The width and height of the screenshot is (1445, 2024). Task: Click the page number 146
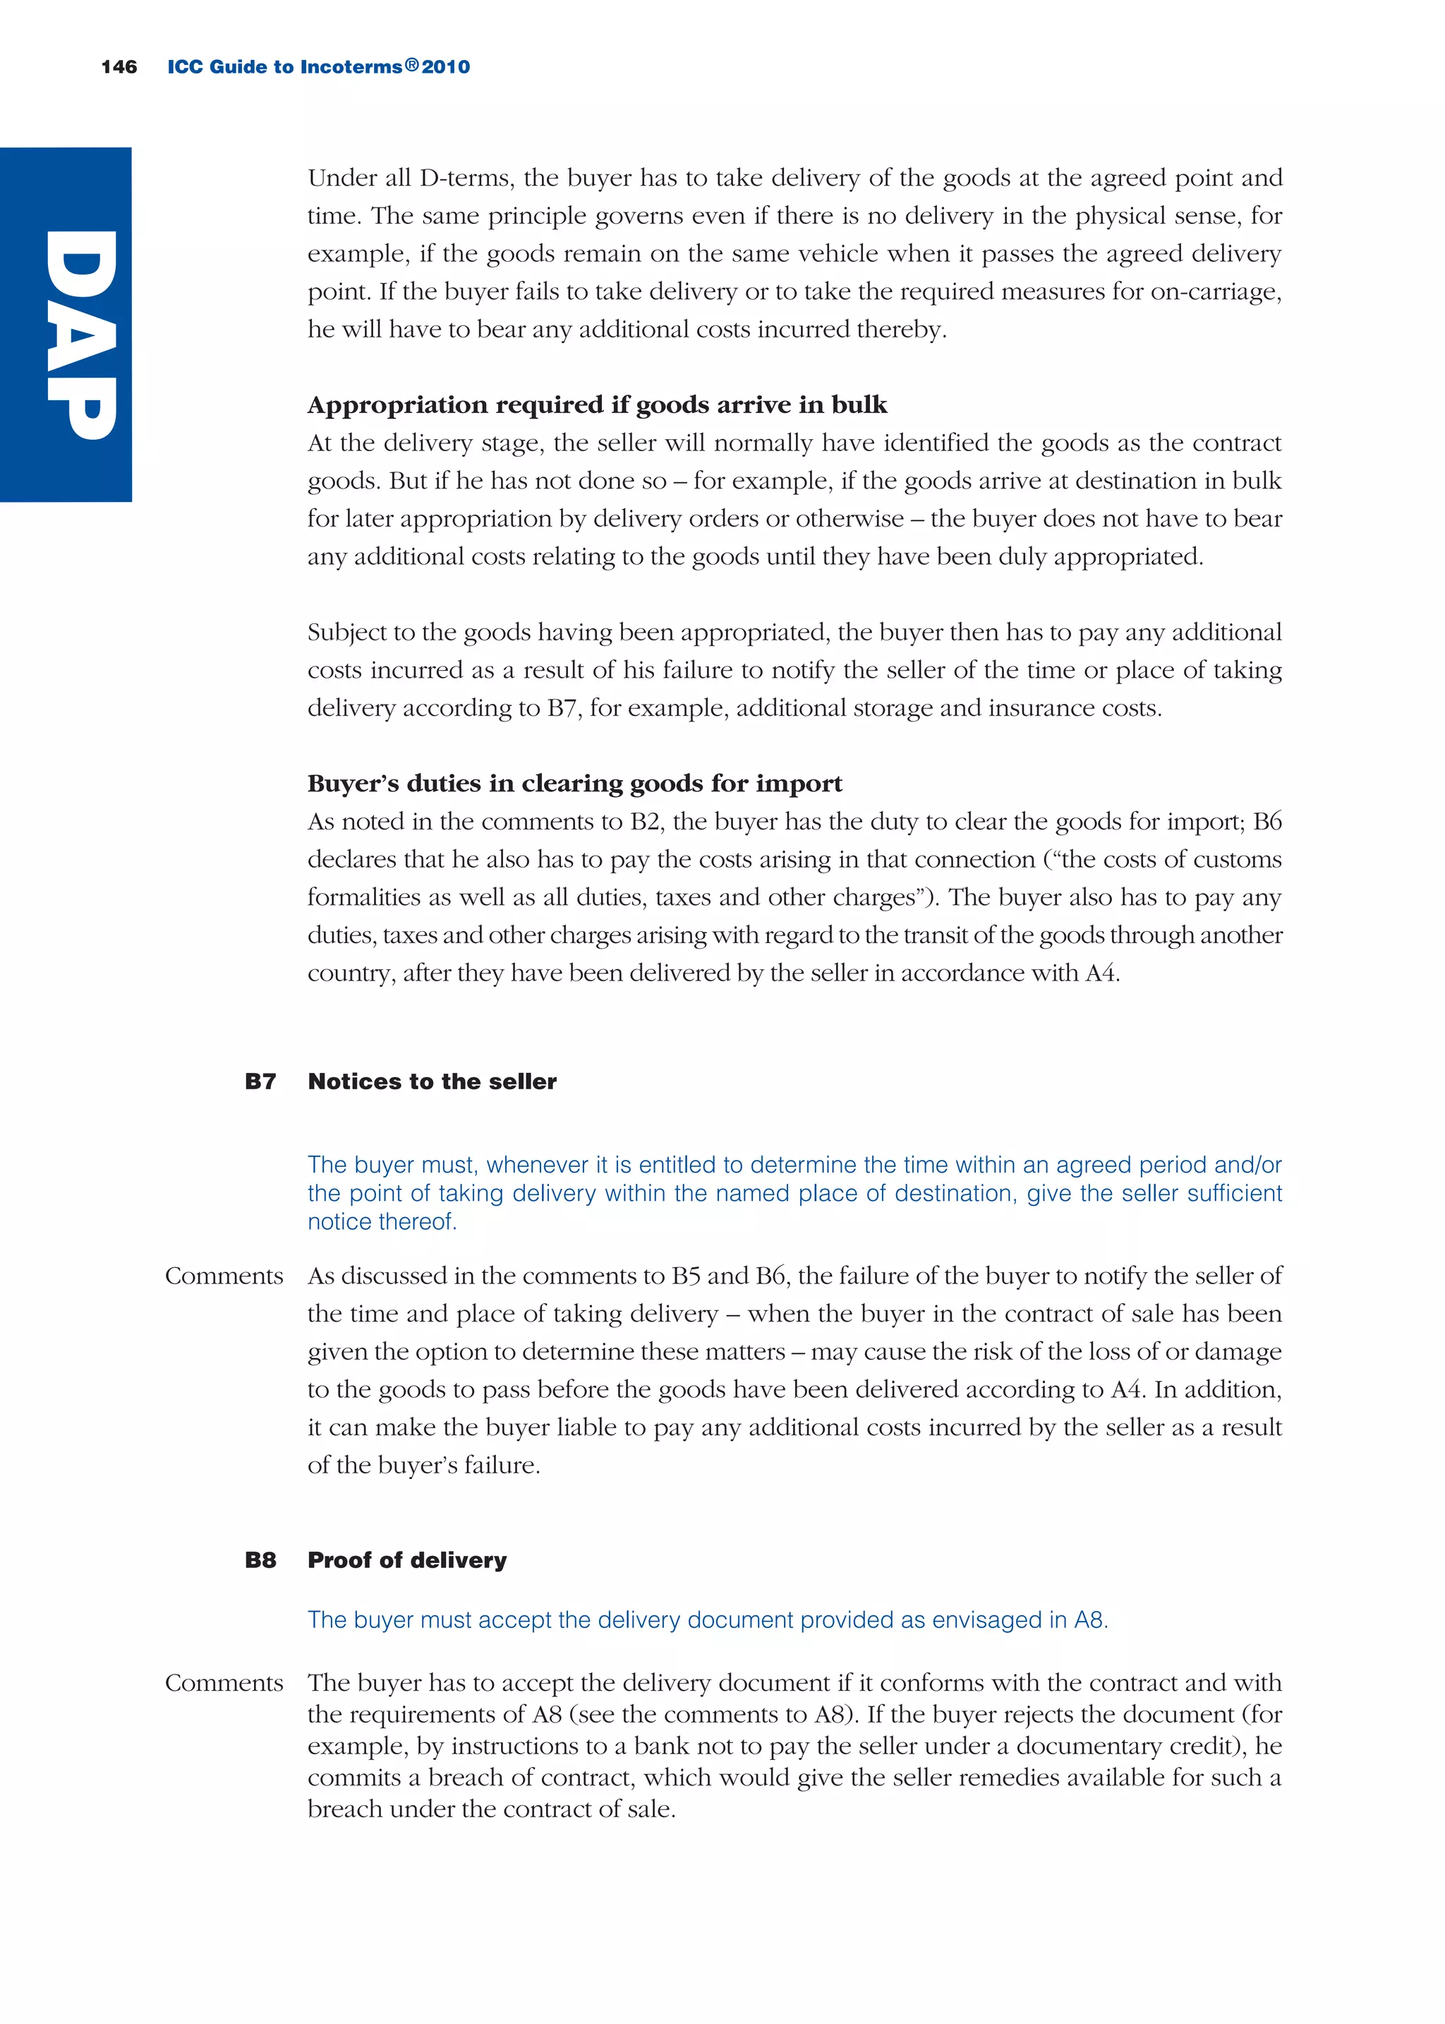[119, 67]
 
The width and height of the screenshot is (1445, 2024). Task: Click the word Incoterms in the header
[351, 67]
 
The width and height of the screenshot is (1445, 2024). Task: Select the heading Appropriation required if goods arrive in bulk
[597, 405]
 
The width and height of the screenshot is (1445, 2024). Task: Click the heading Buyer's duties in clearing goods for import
[574, 783]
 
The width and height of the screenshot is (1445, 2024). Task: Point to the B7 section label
[260, 1082]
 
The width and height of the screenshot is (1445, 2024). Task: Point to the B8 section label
[260, 1560]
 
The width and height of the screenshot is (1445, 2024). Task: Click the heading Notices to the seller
[432, 1082]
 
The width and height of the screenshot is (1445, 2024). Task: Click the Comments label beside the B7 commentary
[224, 1276]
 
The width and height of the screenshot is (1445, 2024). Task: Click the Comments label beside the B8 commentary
[224, 1683]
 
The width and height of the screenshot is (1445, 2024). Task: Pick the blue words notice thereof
[382, 1222]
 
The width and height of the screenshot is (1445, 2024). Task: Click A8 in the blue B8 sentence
[1089, 1620]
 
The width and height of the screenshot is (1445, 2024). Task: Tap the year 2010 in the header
[446, 67]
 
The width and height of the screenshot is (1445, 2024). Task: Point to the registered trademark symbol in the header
[411, 65]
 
